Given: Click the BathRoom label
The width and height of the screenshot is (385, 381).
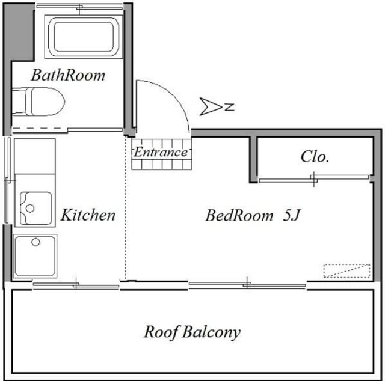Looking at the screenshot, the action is [68, 75].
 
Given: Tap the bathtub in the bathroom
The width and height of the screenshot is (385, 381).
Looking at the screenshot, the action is [84, 37].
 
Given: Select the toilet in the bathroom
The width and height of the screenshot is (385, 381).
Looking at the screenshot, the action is [38, 102].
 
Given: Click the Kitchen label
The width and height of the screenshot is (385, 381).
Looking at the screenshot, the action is [88, 215].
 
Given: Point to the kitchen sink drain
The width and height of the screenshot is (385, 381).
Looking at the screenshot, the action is [30, 208].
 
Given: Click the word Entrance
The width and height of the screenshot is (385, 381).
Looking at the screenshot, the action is [161, 152].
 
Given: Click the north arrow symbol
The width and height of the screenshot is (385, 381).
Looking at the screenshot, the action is [211, 106].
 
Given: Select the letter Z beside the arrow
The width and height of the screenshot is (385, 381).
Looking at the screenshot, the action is [230, 107].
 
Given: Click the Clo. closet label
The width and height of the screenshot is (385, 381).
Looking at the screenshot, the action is [315, 156].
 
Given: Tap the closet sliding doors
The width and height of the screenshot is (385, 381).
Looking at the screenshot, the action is [314, 179].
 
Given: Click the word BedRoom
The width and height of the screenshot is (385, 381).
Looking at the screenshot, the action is [239, 215].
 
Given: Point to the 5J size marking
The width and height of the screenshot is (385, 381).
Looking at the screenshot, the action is [291, 215].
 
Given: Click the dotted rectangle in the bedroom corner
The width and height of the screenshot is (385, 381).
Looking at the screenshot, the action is [346, 271].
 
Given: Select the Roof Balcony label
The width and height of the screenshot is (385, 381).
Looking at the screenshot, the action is [192, 332].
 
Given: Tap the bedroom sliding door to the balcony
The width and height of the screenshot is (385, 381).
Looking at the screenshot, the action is [247, 284].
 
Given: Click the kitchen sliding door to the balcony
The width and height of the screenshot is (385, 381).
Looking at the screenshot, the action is [76, 285].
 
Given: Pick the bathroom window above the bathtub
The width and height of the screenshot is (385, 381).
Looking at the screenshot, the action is [79, 7].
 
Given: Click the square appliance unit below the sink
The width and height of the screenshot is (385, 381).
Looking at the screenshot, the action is [35, 256].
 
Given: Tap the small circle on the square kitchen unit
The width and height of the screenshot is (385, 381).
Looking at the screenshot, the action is [35, 242].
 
